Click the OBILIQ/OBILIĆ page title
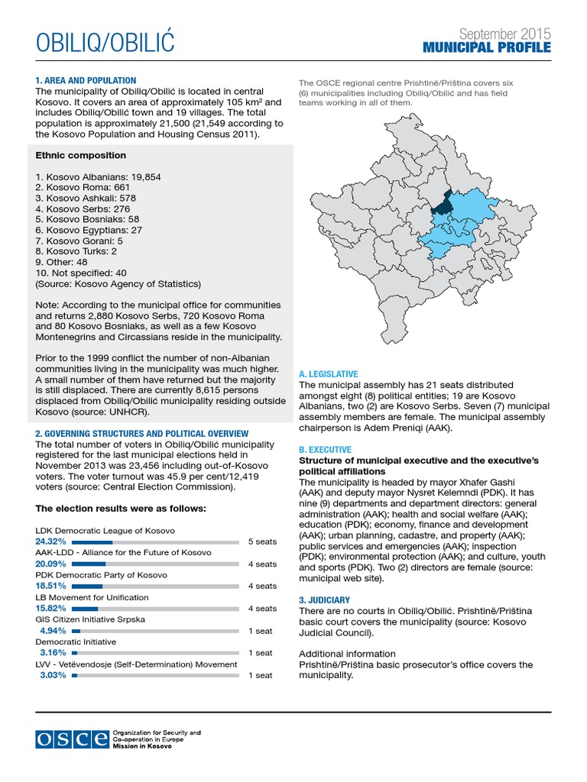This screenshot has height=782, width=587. tap(105, 44)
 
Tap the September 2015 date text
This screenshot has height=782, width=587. tap(504, 34)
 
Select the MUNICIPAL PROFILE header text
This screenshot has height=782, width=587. tap(487, 49)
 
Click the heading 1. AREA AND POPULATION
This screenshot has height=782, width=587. tap(86, 80)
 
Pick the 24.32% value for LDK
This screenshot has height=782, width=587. tap(51, 541)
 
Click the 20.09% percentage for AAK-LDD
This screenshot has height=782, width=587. tap(51, 564)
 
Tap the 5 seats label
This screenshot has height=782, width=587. tap(262, 541)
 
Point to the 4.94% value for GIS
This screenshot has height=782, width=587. tap(54, 631)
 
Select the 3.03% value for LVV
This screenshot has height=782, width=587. tap(54, 675)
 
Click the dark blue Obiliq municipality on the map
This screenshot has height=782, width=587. tap(442, 205)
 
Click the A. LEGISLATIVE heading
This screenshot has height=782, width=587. tap(328, 374)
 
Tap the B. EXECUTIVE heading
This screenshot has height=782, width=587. tap(325, 450)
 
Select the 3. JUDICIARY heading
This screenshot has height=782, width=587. tap(324, 600)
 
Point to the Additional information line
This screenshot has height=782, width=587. tap(347, 654)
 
